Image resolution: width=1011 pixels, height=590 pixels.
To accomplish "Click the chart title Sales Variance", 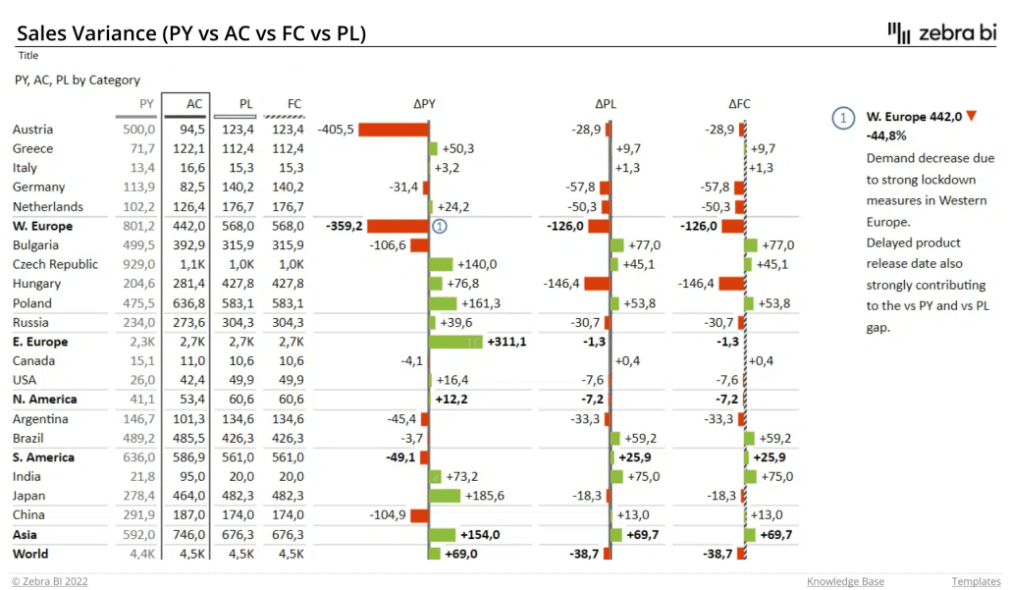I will [x=191, y=33].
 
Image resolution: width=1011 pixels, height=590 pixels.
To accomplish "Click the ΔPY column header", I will [x=424, y=103].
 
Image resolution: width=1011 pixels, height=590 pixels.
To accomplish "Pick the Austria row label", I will [x=32, y=130].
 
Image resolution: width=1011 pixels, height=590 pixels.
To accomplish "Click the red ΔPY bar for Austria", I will [x=394, y=130].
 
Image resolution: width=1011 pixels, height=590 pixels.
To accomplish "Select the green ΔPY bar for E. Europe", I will [x=456, y=342].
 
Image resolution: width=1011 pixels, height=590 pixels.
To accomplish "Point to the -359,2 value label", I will [x=344, y=226].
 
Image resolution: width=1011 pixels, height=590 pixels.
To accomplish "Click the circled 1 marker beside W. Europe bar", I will [x=440, y=226].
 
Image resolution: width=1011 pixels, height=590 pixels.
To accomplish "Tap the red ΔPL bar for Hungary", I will [x=597, y=284].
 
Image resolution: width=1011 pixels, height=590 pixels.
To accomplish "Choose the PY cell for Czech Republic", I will [x=137, y=264].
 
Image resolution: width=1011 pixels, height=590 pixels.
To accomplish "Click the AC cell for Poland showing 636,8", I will [x=186, y=303].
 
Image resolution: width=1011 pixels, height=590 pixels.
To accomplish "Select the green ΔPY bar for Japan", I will [x=447, y=496].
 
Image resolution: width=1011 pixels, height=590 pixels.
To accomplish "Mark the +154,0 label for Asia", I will [x=480, y=534].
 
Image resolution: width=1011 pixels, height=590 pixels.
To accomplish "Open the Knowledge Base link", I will [x=845, y=581].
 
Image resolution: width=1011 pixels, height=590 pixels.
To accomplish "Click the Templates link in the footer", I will [x=974, y=581].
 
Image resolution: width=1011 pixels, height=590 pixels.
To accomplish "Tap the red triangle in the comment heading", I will [x=972, y=117].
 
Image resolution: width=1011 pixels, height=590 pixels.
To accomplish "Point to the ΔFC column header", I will [x=739, y=103].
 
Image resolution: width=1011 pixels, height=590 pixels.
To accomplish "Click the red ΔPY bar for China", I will [x=419, y=515].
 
